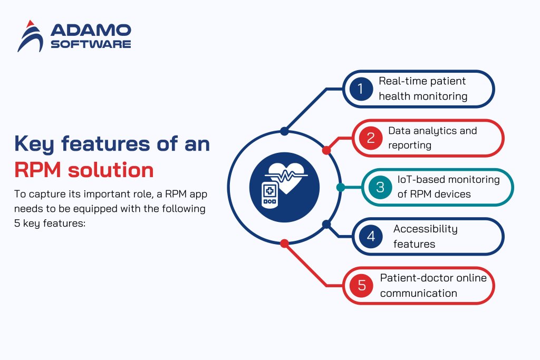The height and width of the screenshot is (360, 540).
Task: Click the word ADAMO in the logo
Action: point(91,31)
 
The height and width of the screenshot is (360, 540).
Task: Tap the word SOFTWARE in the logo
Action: point(91,44)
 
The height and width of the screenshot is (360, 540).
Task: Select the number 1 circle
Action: point(361,89)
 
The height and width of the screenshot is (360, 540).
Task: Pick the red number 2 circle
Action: point(370,138)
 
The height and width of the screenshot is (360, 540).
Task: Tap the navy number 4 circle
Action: point(370,236)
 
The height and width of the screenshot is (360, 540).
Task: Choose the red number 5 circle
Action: point(361,285)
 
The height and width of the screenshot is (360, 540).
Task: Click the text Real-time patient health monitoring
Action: point(423,89)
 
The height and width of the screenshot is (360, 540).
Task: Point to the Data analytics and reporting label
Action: point(432,138)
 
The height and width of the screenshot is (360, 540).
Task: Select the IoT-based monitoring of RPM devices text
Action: point(448,187)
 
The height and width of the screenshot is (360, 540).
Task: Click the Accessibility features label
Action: point(425,236)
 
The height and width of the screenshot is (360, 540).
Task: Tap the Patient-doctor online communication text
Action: point(433,285)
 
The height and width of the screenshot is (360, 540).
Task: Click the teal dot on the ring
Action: point(340,187)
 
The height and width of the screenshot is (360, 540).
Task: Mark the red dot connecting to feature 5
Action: point(284,244)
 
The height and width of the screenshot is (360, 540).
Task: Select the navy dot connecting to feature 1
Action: point(284,131)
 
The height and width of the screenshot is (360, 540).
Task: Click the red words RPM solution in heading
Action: point(84,170)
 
